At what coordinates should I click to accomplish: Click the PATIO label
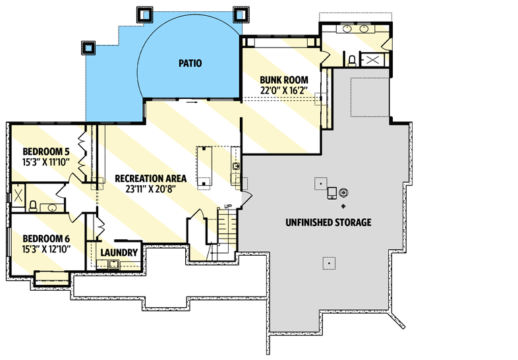coord(188,64)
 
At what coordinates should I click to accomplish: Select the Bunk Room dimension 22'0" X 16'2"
coord(284,92)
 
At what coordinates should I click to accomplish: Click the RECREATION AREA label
coord(150,178)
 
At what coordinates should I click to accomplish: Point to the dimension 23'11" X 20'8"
coord(150,189)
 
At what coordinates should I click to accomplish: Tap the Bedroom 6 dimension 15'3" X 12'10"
coord(46,249)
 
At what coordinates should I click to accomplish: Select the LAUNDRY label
coord(119,253)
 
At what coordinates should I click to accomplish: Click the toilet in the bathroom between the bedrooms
coord(32,206)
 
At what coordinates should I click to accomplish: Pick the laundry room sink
coord(113,265)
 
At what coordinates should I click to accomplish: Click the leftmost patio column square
coord(88,47)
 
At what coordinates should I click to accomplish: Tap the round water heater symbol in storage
coord(343,193)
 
